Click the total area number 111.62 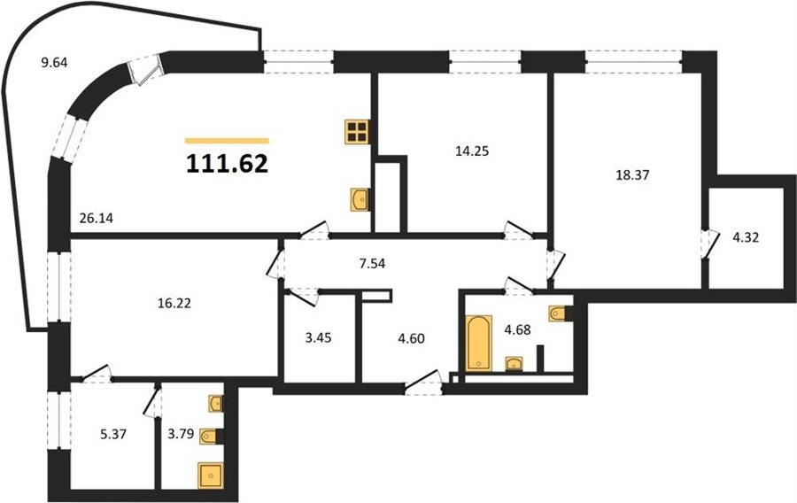228,164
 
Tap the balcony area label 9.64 54,63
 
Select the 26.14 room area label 96,219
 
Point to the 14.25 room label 472,151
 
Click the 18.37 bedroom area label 632,175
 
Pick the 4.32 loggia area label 745,237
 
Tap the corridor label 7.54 372,264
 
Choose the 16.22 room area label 174,304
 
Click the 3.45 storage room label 318,338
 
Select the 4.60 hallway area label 411,338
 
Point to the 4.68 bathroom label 517,329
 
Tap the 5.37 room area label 112,435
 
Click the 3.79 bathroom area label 182,434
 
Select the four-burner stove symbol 357,132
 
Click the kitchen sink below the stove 360,198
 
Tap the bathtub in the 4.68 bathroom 479,343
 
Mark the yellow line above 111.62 227,141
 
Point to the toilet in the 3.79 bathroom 212,436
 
